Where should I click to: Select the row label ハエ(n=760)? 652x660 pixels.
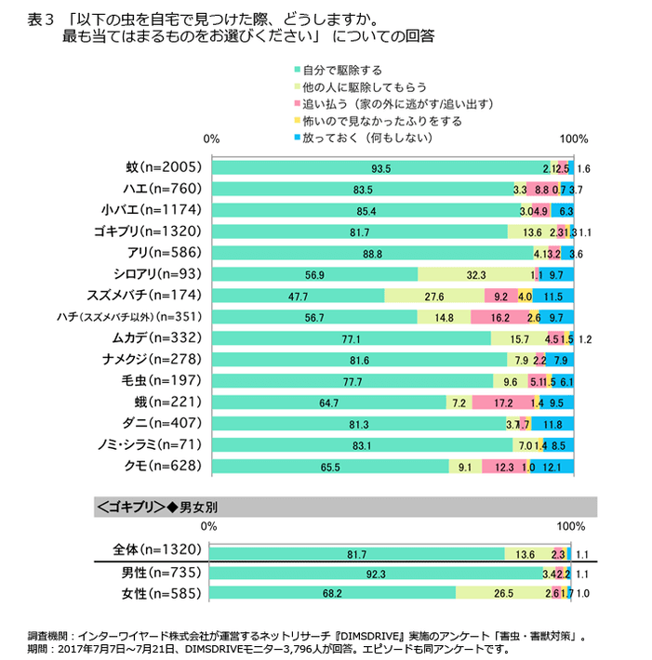coord(163,190)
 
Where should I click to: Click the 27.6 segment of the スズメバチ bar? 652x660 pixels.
coord(434,297)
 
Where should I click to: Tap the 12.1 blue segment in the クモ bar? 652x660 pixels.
coord(552,467)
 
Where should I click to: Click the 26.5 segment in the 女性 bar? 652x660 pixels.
coord(503,592)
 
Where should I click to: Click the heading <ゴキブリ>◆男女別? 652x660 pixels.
coord(157,507)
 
